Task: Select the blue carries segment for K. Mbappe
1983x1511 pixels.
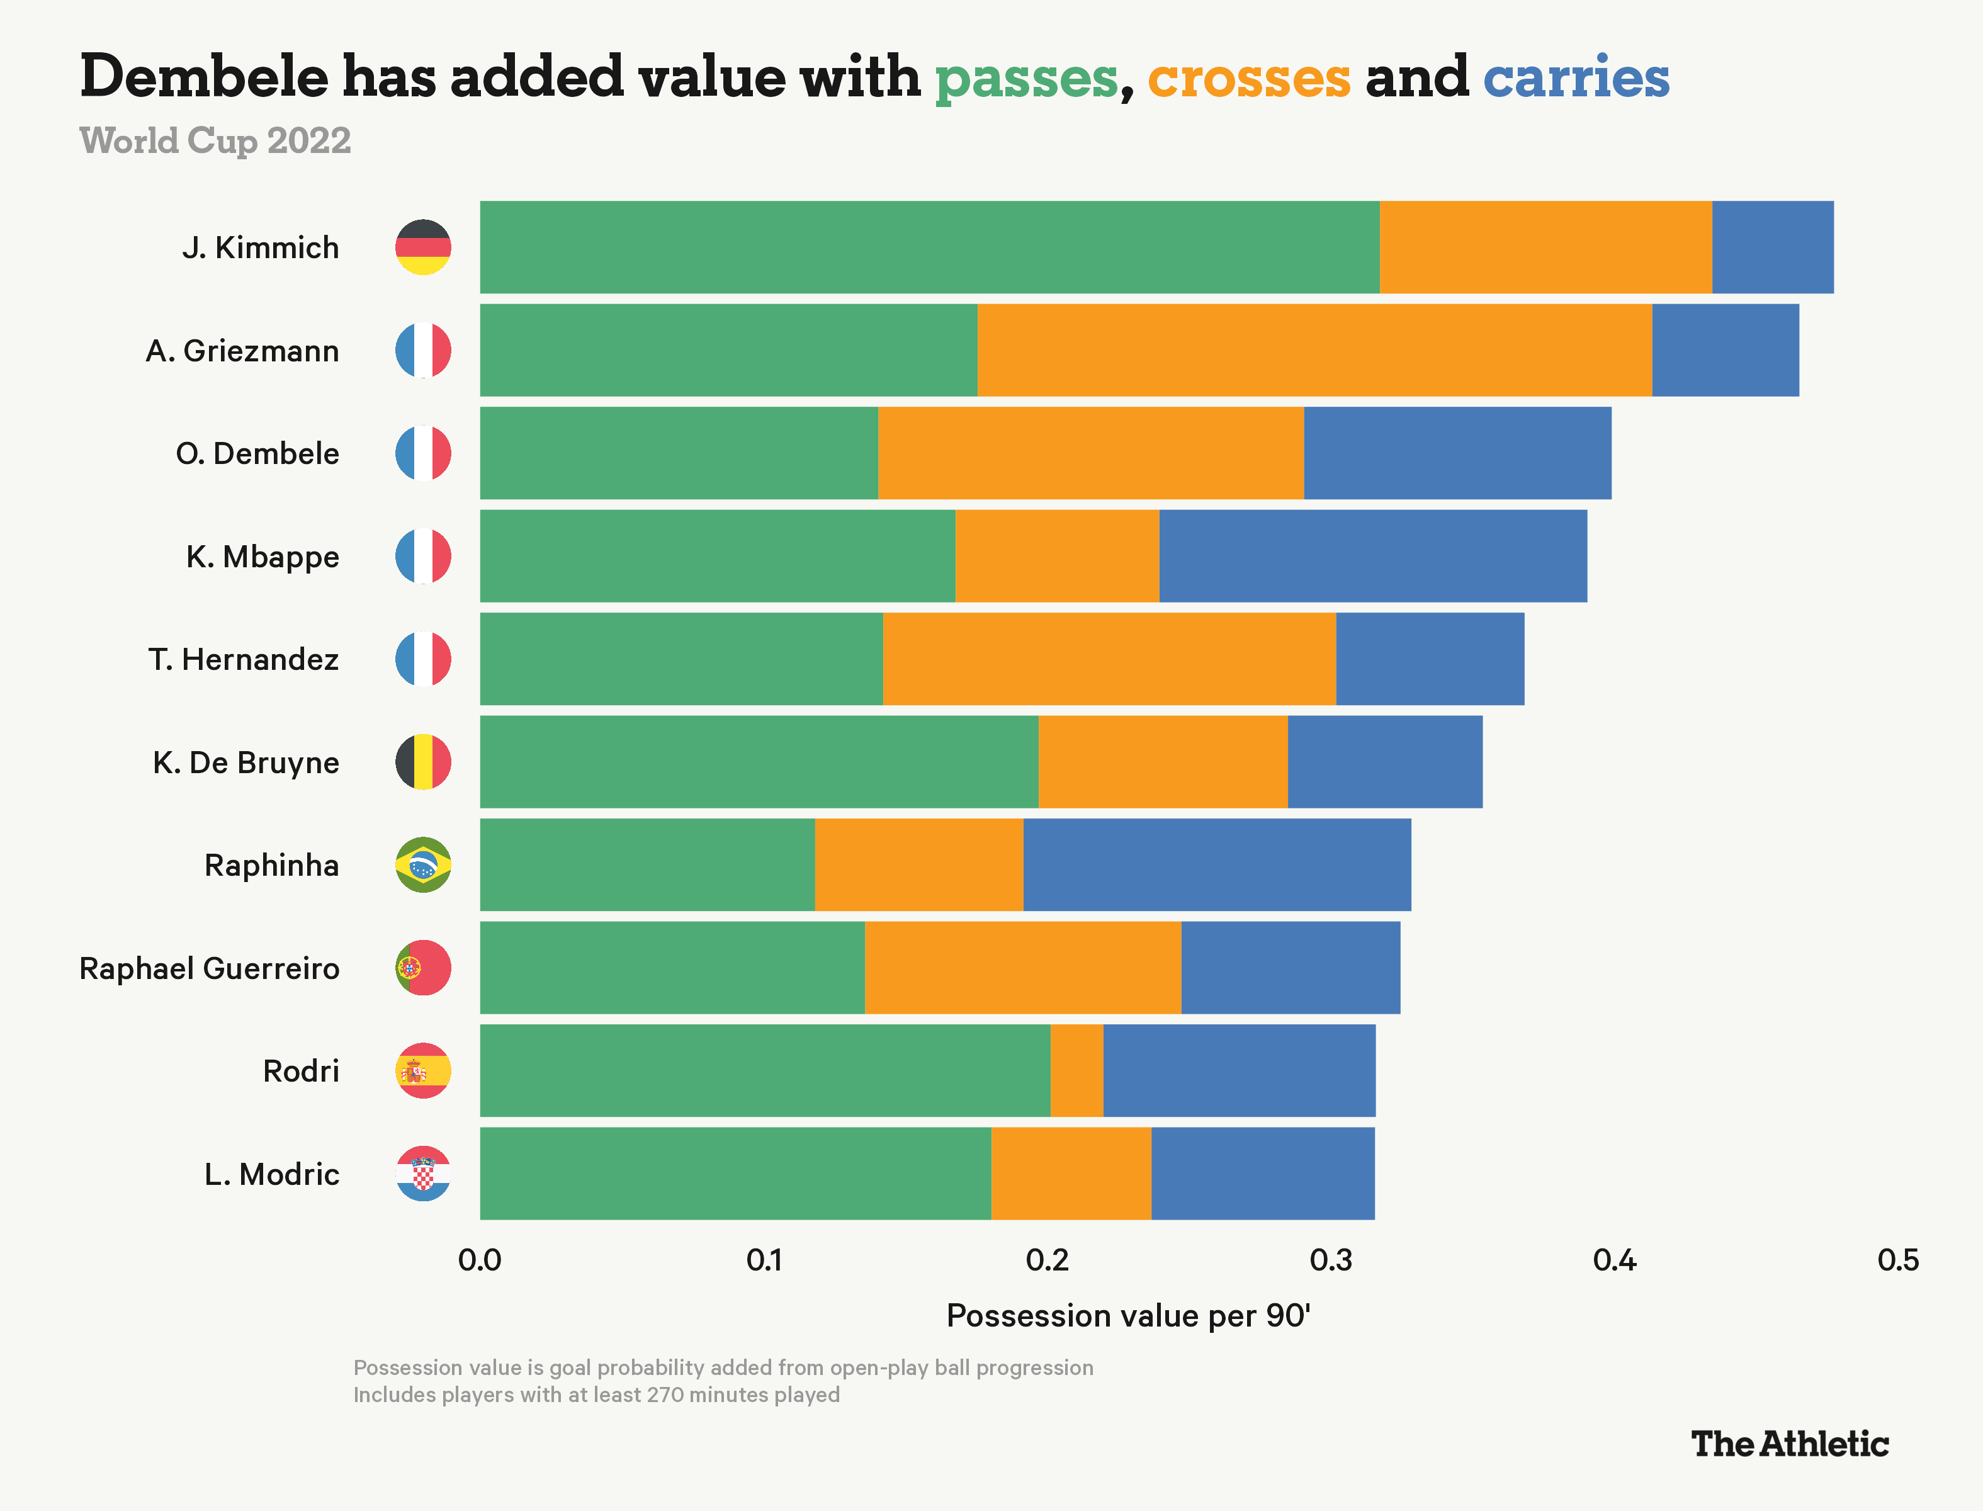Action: pyautogui.click(x=1372, y=556)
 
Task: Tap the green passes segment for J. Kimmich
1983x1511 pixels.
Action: pyautogui.click(x=929, y=247)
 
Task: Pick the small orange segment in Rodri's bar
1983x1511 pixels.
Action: pyautogui.click(x=1076, y=1070)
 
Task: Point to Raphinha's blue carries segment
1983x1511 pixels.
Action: pyautogui.click(x=1217, y=864)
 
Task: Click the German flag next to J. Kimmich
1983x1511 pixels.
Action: pyautogui.click(x=422, y=247)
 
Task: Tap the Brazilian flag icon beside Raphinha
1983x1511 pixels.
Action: pyautogui.click(x=422, y=864)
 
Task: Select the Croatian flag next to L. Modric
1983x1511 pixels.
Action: pyautogui.click(x=422, y=1174)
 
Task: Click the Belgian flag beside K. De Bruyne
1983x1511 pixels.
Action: pyautogui.click(x=422, y=762)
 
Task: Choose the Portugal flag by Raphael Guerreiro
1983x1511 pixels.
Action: pyautogui.click(x=422, y=968)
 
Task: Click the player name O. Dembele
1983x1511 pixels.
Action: pyautogui.click(x=257, y=453)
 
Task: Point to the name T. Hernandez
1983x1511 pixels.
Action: pyautogui.click(x=244, y=659)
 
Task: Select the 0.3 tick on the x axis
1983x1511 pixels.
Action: pyautogui.click(x=1331, y=1260)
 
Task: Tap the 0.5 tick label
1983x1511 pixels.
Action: pyautogui.click(x=1897, y=1260)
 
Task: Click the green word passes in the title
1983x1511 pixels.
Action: pyautogui.click(x=1026, y=78)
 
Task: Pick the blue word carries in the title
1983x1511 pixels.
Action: pyautogui.click(x=1576, y=78)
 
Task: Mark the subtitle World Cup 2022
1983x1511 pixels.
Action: pyautogui.click(x=215, y=140)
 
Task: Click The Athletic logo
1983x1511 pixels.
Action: pyautogui.click(x=1790, y=1444)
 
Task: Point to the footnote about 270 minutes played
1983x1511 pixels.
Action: pyautogui.click(x=596, y=1395)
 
